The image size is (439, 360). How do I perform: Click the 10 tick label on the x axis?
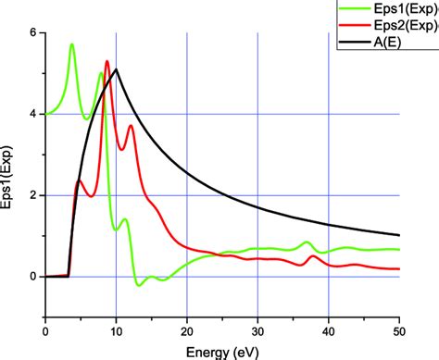tap(116, 329)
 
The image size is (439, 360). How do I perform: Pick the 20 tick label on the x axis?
tap(186, 329)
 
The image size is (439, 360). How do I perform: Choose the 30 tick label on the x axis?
tap(257, 329)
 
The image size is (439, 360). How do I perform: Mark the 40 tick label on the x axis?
tap(328, 329)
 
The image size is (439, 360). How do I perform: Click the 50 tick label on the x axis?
tap(398, 329)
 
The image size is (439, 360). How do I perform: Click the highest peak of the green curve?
tap(71, 44)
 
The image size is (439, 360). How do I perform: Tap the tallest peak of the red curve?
tap(107, 62)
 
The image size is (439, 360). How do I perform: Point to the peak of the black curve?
tap(116, 69)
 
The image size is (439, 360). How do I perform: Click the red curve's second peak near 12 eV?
tap(131, 126)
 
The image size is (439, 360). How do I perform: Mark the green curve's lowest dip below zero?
tap(140, 285)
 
